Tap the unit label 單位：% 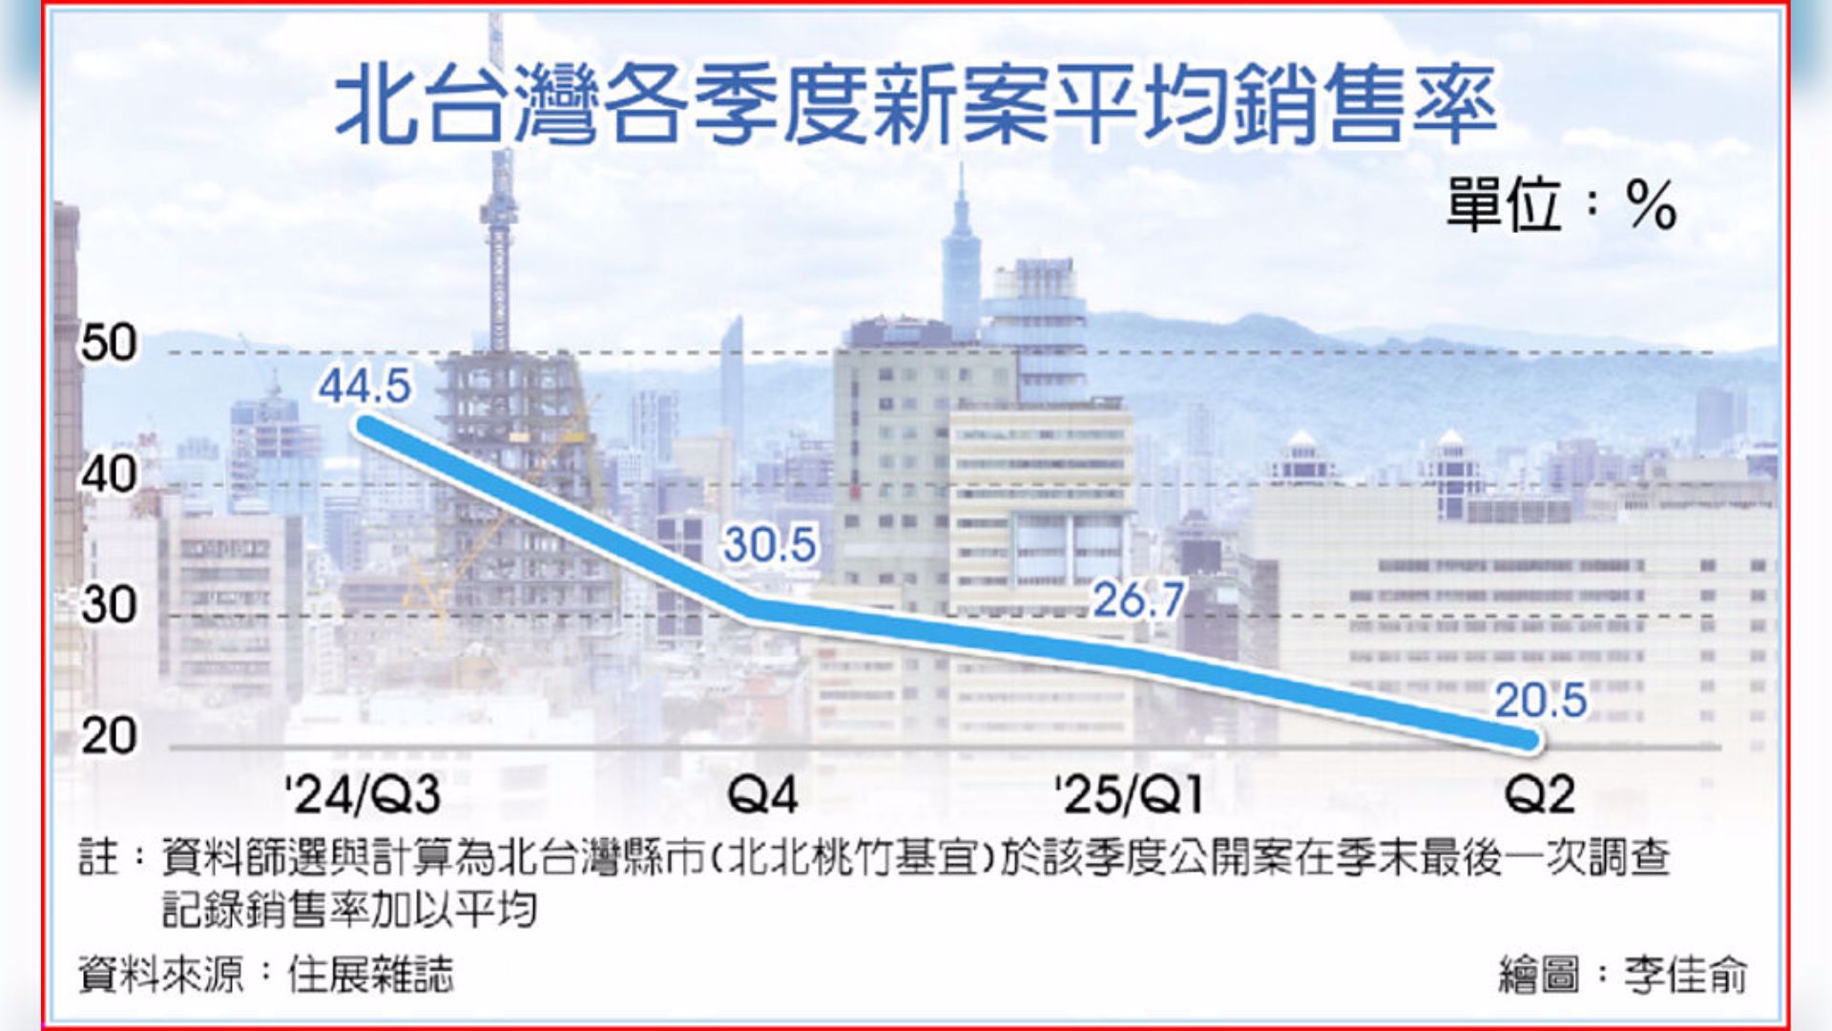1561,204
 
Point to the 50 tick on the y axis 109,343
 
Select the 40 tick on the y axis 109,474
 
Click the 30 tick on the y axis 109,605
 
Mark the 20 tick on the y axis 109,736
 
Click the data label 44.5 364,386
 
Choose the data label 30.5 769,545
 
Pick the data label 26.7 1138,600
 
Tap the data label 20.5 1540,701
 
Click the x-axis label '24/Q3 364,795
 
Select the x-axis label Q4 761,795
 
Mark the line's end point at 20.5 1527,739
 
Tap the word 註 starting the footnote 98,856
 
